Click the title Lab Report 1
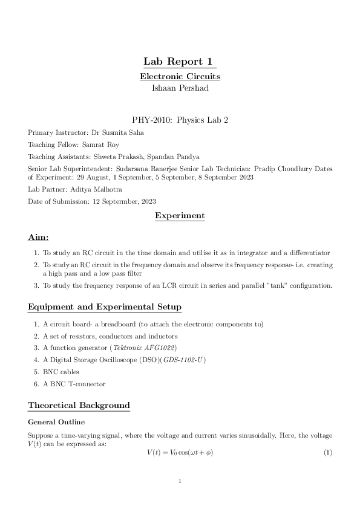point(180,62)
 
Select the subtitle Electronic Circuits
point(180,77)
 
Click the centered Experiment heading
point(180,216)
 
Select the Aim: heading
point(39,238)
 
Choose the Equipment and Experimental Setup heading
point(105,307)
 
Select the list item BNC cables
point(60,372)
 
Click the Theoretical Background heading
point(79,405)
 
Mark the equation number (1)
point(328,453)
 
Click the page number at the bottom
point(180,482)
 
